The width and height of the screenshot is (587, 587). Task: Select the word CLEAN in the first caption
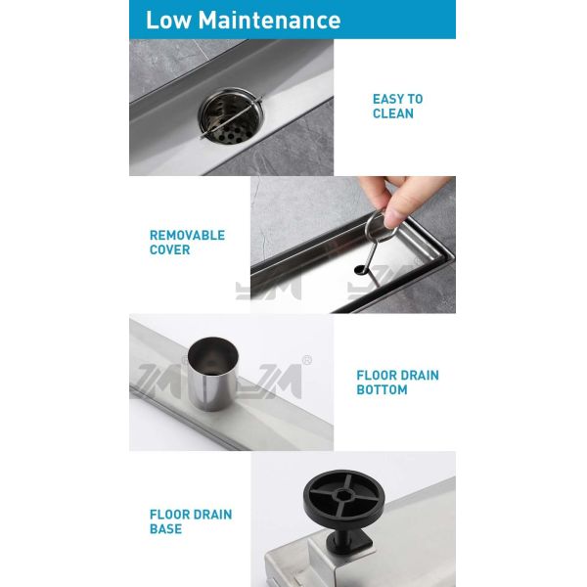click(x=393, y=113)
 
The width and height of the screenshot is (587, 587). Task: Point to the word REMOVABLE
click(x=187, y=235)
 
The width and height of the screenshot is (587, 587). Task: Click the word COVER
click(x=169, y=249)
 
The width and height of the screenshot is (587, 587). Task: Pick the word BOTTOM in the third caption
click(x=382, y=390)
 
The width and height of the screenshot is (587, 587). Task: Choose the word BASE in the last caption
click(x=165, y=529)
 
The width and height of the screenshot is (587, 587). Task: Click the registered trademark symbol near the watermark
click(x=307, y=360)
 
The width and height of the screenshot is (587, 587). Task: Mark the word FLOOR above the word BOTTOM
click(x=376, y=376)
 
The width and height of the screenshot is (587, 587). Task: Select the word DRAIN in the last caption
click(x=211, y=515)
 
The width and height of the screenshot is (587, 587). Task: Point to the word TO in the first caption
click(x=415, y=99)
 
